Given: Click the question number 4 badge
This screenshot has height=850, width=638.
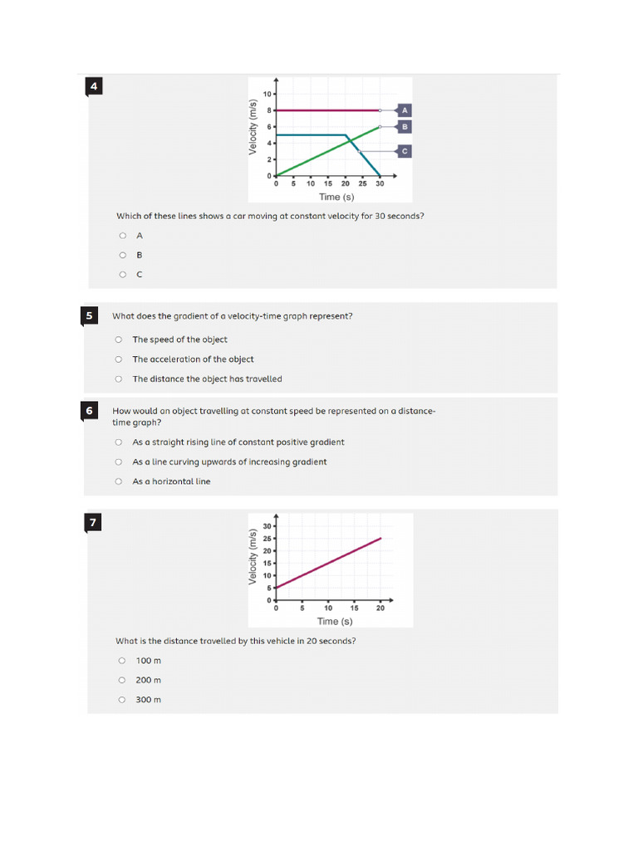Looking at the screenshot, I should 94,86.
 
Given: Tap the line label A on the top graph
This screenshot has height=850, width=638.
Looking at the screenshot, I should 405,110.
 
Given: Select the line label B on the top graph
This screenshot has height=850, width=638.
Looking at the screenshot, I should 405,126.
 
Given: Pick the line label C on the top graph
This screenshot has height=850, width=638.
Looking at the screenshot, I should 405,151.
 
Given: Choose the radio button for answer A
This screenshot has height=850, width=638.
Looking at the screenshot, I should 123,236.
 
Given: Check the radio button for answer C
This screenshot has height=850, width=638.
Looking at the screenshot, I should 123,275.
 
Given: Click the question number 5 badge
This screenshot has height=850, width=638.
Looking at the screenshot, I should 90,315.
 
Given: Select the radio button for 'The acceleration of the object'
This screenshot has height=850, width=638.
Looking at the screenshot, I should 119,359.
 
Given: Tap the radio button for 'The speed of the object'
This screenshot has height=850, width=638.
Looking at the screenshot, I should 119,340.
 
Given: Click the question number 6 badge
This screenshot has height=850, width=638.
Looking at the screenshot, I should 90,410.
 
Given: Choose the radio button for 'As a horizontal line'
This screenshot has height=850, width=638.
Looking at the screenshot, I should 119,481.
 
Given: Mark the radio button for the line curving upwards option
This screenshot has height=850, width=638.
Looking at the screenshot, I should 119,462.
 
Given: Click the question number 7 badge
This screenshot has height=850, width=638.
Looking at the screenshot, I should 94,522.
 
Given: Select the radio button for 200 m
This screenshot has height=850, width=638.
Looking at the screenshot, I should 122,681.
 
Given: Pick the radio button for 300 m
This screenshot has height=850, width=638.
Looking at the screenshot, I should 122,700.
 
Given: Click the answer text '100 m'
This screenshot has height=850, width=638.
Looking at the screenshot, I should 149,661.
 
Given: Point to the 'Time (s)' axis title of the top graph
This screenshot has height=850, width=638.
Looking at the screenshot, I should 336,197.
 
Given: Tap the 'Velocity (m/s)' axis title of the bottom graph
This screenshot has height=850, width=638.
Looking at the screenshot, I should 253,556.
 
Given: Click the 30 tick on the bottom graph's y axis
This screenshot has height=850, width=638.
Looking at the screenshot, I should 267,526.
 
